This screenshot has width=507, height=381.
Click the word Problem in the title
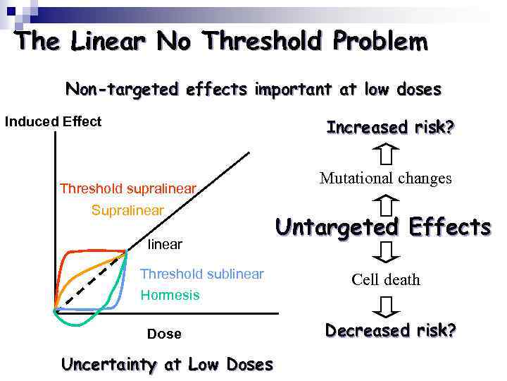click(x=381, y=42)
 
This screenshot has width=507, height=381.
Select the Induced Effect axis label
click(x=54, y=121)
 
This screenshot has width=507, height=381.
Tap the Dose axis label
click(x=164, y=334)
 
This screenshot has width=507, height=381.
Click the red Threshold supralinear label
click(x=127, y=188)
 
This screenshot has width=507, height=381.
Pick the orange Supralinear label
click(x=127, y=210)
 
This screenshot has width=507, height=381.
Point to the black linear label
click(x=165, y=244)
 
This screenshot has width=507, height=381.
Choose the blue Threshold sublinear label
click(x=202, y=274)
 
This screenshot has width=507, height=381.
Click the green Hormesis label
click(x=170, y=295)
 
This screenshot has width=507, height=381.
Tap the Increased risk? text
click(x=390, y=128)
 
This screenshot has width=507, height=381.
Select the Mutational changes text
click(x=386, y=178)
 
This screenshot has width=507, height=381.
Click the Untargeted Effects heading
click(x=383, y=227)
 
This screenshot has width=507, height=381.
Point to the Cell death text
click(x=386, y=279)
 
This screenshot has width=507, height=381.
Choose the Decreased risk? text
click(x=390, y=330)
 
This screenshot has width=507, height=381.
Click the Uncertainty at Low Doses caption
click(x=167, y=365)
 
